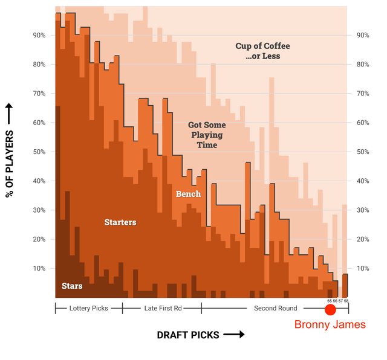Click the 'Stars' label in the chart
[x=72, y=286]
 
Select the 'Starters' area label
[x=120, y=222]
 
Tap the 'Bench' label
[x=188, y=194]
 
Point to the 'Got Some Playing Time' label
[x=206, y=135]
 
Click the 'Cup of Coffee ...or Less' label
[x=262, y=51]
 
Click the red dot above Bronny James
[x=330, y=310]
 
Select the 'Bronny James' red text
[x=330, y=325]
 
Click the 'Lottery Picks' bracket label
[x=89, y=308]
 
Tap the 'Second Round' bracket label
[x=275, y=308]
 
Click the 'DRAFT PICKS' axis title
[x=188, y=335]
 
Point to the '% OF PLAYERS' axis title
[x=10, y=159]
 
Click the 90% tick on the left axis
[x=39, y=36]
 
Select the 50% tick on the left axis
[x=39, y=152]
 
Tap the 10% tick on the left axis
[x=39, y=268]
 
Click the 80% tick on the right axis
[x=363, y=65]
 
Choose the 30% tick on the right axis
[x=363, y=210]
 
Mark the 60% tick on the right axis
[x=363, y=123]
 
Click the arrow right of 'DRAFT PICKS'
[x=233, y=335]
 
